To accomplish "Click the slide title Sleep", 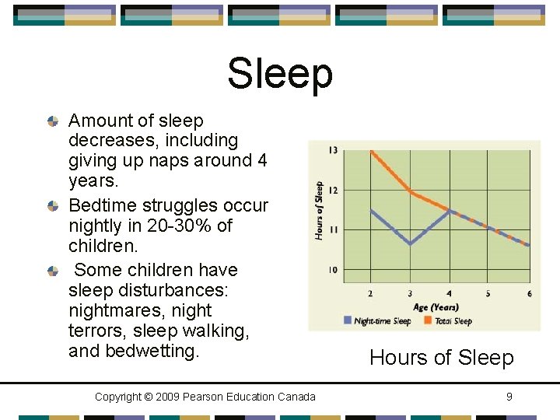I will coord(280,73).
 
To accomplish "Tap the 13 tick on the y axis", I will coord(333,149).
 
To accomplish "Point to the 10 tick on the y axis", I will coord(333,270).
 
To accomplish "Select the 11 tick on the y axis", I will coord(333,230).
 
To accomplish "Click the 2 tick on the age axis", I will coord(369,293).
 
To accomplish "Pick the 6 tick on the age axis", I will coord(530,293).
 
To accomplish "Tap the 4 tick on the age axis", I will coord(449,293).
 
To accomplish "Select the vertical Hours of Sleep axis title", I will coord(319,210).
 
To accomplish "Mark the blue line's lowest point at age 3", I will coord(410,244).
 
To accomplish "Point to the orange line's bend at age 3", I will coord(410,191).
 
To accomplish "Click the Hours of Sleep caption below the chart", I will coord(441,358).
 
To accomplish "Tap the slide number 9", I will coord(509,397).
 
